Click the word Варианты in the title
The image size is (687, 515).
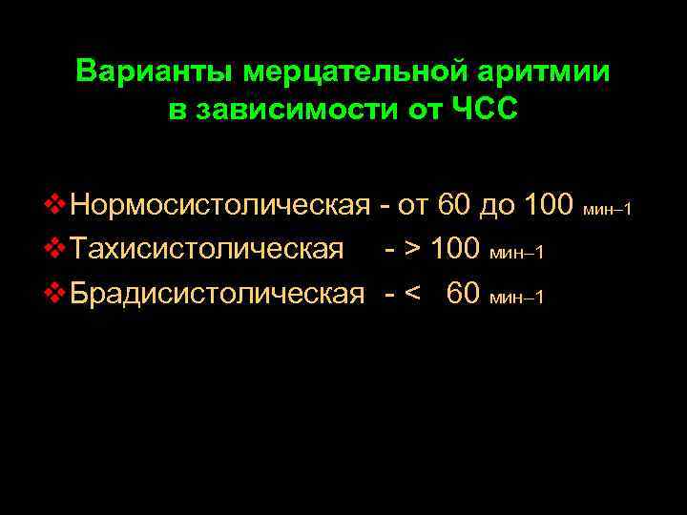click(155, 72)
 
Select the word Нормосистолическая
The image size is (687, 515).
click(220, 205)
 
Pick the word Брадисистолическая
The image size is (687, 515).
click(219, 295)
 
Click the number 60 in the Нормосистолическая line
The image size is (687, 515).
click(454, 205)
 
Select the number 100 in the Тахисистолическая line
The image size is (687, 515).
click(455, 251)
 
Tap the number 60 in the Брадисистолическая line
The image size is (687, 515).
click(463, 295)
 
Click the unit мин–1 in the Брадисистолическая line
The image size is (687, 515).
click(515, 299)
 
